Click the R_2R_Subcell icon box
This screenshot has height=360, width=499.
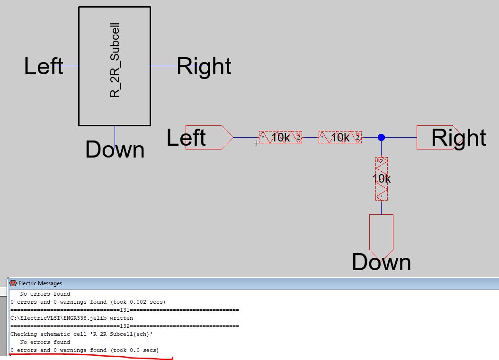point(114,66)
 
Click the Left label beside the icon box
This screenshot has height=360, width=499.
point(44,66)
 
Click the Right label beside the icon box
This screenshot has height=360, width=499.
point(204,66)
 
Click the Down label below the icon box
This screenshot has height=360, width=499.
point(115,149)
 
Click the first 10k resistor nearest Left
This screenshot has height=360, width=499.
point(280,137)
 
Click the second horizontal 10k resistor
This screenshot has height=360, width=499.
point(340,137)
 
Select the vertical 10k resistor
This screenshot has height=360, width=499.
point(381,179)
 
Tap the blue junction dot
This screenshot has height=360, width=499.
point(381,137)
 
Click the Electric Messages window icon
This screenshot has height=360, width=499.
point(13,283)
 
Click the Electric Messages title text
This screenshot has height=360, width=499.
point(40,283)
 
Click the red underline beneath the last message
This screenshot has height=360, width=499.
point(90,356)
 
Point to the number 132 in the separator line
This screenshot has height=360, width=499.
point(125,326)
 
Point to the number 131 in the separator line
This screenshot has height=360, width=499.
point(125,310)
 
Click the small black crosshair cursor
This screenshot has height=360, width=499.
point(257,142)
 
